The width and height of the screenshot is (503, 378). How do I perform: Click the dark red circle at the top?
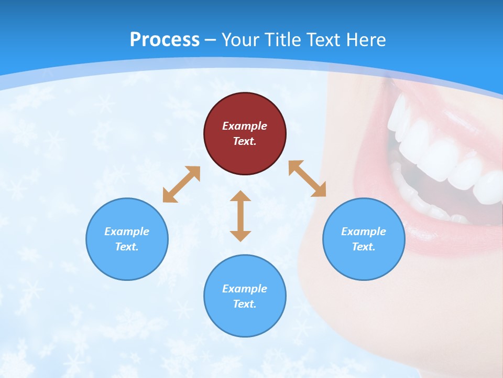245,134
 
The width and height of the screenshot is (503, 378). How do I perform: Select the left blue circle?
127,239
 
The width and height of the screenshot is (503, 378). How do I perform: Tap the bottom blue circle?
245,296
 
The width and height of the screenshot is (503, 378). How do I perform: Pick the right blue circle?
364,239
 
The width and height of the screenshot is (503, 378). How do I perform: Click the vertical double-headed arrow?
240,216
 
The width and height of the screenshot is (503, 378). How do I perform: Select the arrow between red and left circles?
181,184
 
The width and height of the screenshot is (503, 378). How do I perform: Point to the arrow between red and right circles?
308,178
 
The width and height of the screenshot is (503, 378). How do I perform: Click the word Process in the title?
165,39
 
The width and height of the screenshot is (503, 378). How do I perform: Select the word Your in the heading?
240,39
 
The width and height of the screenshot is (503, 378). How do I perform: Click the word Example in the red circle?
245,126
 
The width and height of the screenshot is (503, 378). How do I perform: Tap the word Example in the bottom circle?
245,288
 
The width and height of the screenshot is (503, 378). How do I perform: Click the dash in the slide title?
211,40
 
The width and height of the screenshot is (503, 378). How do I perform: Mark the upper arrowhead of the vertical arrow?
240,197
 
